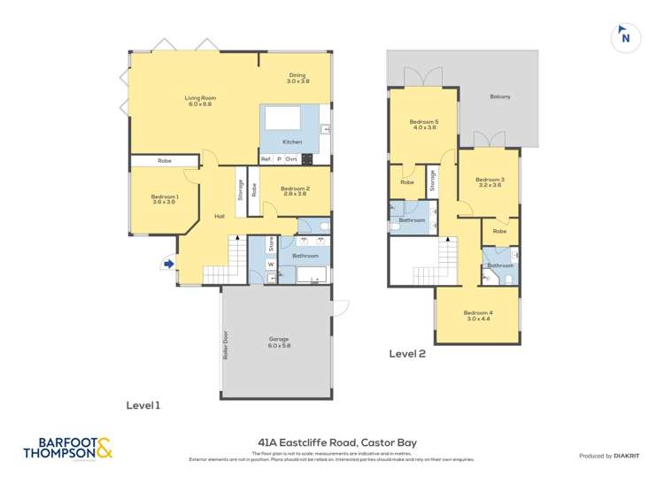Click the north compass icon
(625, 37)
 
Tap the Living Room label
(200, 101)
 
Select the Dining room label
(297, 78)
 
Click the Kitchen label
(292, 142)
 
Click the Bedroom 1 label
(165, 199)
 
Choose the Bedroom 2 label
(294, 190)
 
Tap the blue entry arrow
(168, 263)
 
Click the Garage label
(279, 342)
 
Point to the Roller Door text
(227, 350)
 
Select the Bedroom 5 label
(423, 125)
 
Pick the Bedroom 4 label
(478, 315)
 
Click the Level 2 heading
(408, 354)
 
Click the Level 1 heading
(143, 405)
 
